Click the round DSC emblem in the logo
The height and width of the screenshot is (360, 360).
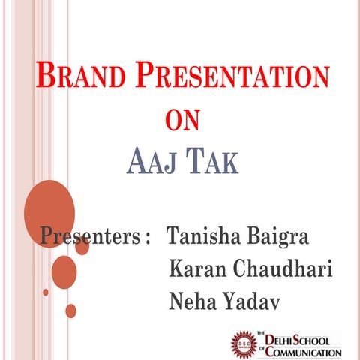pyautogui.click(x=244, y=342)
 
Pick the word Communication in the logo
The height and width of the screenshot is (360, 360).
pyautogui.click(x=304, y=350)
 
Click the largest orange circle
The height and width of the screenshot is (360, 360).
pyautogui.click(x=49, y=207)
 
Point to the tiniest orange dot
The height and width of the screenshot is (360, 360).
pyautogui.click(x=46, y=292)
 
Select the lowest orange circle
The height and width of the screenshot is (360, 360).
pyautogui.click(x=70, y=310)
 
